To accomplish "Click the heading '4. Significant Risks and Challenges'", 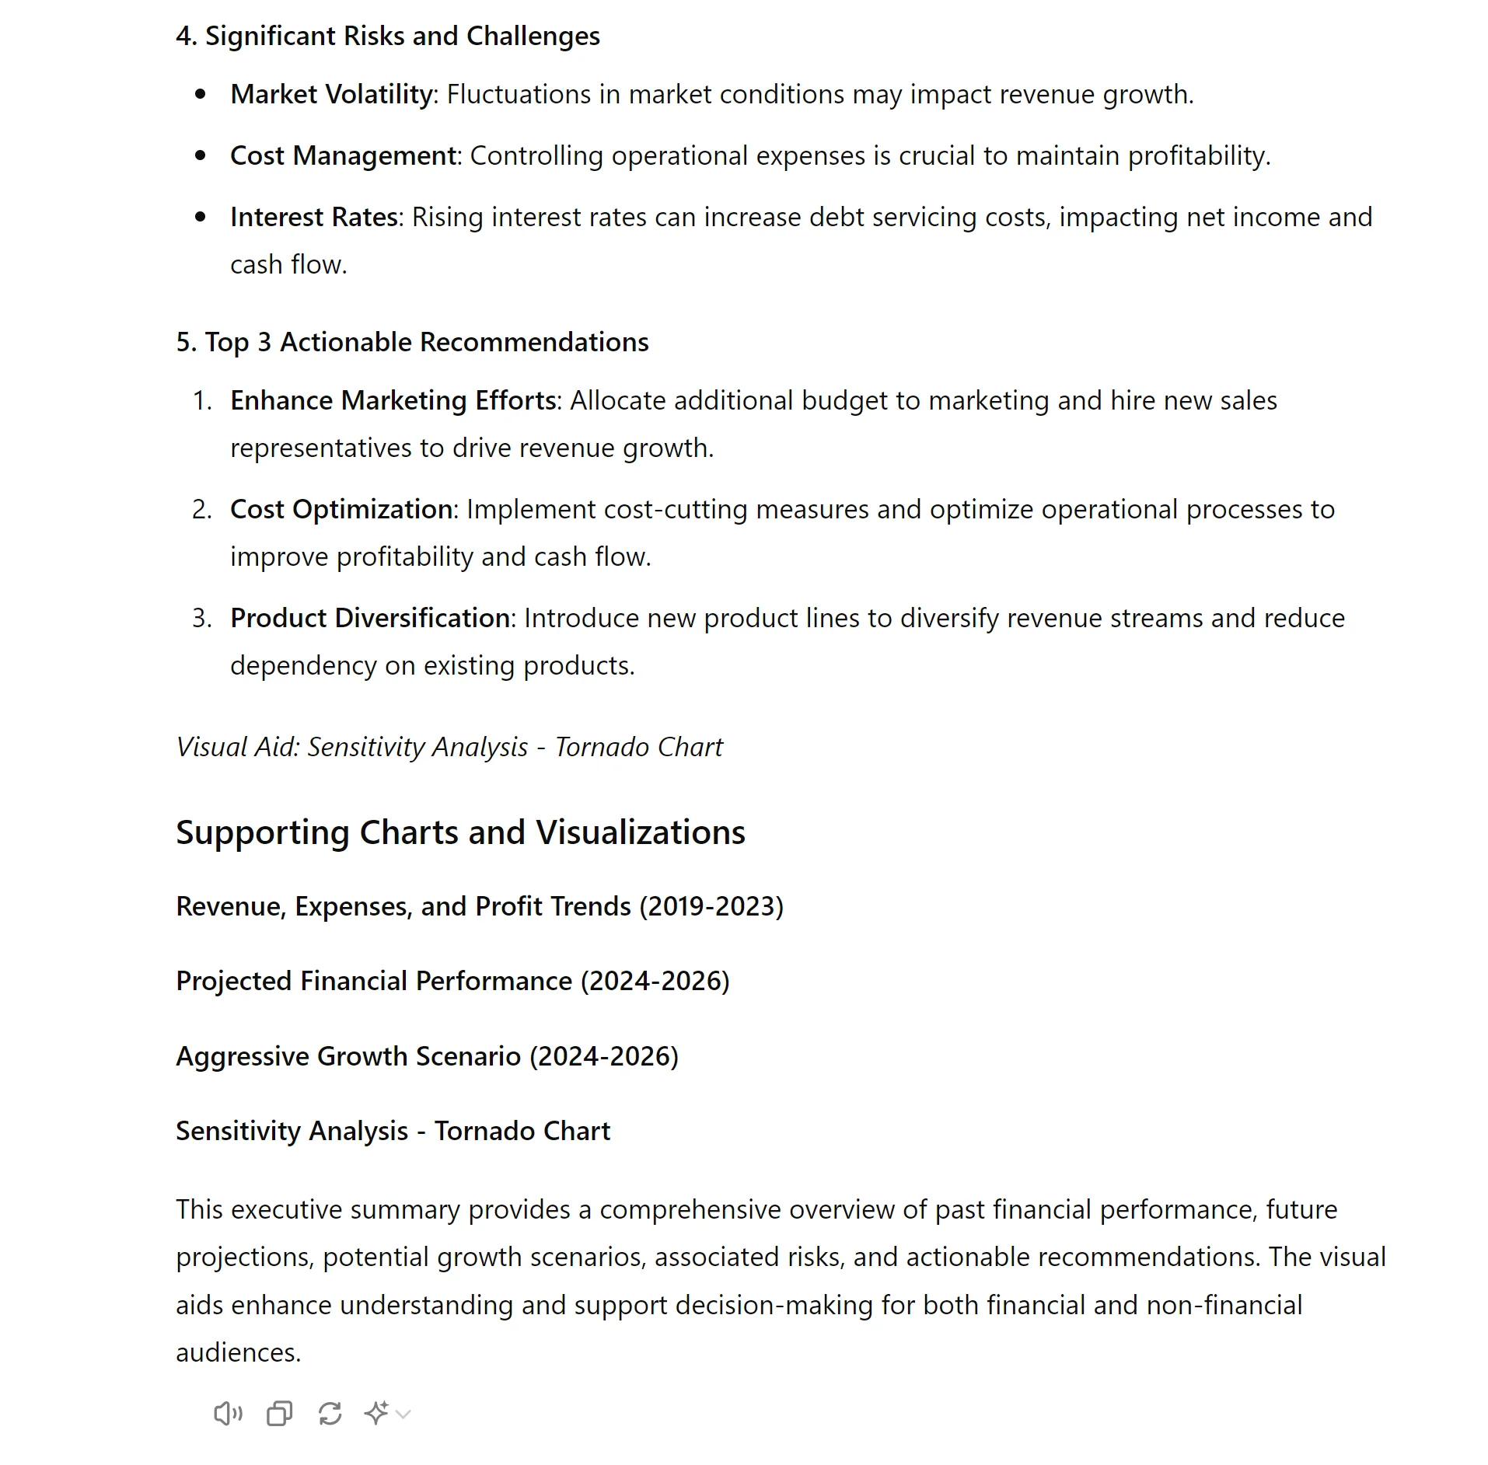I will tap(387, 36).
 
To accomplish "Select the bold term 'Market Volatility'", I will tap(331, 94).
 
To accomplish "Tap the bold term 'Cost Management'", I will tap(343, 155).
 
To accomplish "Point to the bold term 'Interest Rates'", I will tap(313, 217).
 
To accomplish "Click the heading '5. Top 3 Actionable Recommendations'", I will tap(412, 342).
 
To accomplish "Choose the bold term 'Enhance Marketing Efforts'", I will tap(393, 400).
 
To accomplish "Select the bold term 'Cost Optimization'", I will tap(341, 509).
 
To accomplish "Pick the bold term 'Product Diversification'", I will tap(369, 618).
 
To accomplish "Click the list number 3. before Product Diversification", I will tap(201, 618).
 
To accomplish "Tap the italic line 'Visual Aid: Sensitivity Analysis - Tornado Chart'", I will tap(449, 747).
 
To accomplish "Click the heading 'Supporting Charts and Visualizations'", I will tap(460, 832).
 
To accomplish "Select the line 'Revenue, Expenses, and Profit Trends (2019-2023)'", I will tap(479, 906).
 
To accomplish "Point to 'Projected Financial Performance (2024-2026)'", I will tap(452, 981).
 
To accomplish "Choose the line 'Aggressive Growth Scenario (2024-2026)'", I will tap(427, 1056).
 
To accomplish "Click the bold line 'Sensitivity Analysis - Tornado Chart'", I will tap(393, 1131).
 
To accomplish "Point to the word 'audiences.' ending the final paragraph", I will tap(238, 1353).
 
